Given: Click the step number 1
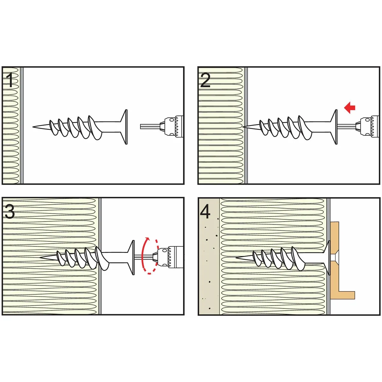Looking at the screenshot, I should click(x=10, y=80).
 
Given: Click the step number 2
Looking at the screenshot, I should click(x=205, y=80).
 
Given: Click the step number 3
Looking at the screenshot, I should click(x=10, y=211).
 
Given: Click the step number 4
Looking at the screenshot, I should click(x=205, y=211).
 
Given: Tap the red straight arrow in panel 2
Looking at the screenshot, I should click(x=350, y=108).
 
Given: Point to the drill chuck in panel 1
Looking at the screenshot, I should click(x=172, y=126).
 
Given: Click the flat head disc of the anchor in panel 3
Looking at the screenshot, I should click(x=132, y=257).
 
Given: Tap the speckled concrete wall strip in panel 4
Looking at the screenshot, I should click(x=209, y=271).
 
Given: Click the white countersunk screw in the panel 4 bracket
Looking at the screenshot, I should click(x=335, y=257).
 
